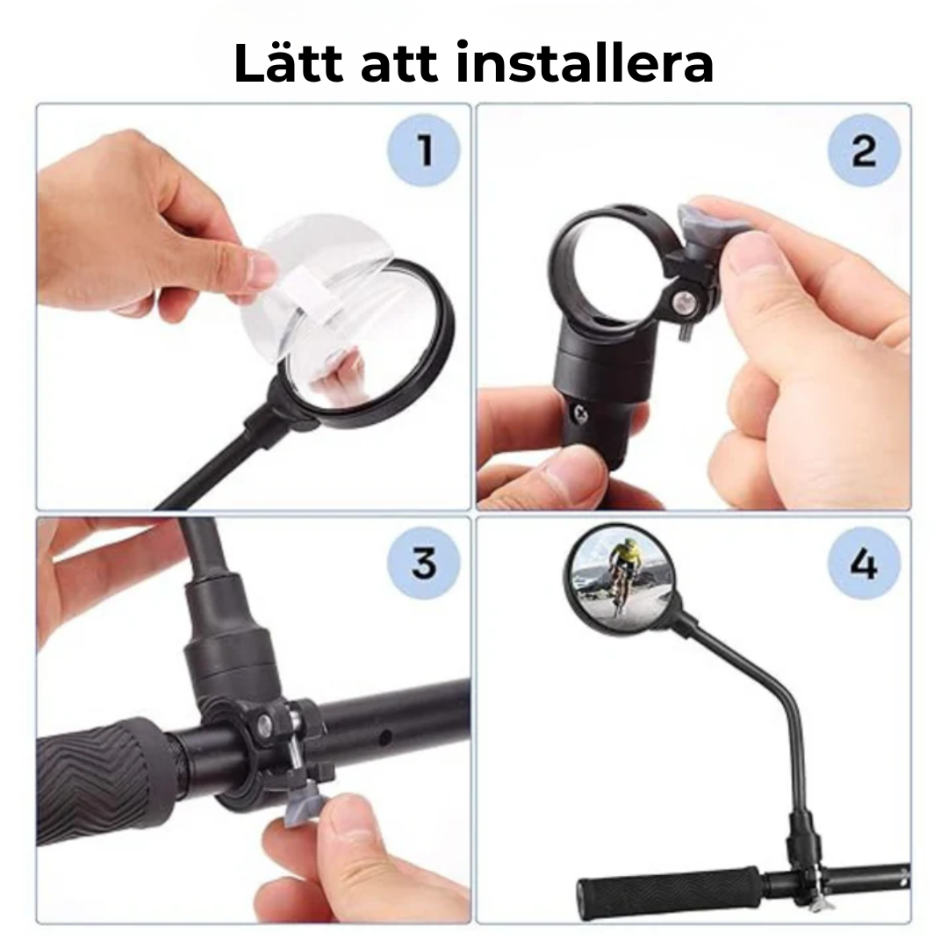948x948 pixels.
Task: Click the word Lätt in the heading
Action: pyautogui.click(x=285, y=63)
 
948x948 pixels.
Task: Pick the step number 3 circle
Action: pyautogui.click(x=424, y=563)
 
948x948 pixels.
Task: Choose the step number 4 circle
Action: pyautogui.click(x=864, y=563)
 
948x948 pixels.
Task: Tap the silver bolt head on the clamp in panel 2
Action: pyautogui.click(x=680, y=303)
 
